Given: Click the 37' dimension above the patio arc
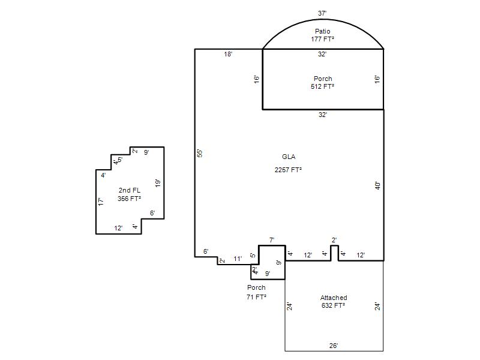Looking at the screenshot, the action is click(322, 13).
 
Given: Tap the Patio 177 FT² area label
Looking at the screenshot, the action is click(322, 35).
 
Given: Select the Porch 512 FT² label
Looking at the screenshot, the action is click(323, 83).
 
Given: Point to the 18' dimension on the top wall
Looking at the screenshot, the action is click(228, 54).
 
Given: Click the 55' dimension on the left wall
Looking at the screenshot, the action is click(200, 153).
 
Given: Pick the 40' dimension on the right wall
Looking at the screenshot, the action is click(378, 185).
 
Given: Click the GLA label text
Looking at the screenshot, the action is click(289, 157).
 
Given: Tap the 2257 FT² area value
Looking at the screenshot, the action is click(288, 170).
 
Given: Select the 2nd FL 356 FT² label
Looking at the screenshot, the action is click(130, 194).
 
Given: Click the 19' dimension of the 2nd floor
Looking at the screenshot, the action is click(158, 183).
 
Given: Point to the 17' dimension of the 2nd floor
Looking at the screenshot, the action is click(101, 202).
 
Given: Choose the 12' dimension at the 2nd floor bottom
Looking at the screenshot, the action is click(118, 228).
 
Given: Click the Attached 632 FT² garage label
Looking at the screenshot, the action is click(334, 302).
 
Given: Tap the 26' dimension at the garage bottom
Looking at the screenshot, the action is click(334, 346).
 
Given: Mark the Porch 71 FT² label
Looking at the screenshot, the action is click(256, 292).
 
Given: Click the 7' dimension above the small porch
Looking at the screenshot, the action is click(272, 241).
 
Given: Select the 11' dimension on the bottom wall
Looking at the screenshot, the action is click(238, 259).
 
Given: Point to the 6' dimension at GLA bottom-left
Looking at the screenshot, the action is click(206, 251).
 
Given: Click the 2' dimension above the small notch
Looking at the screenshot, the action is click(334, 241).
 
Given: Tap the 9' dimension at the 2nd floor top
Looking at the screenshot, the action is click(146, 152).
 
